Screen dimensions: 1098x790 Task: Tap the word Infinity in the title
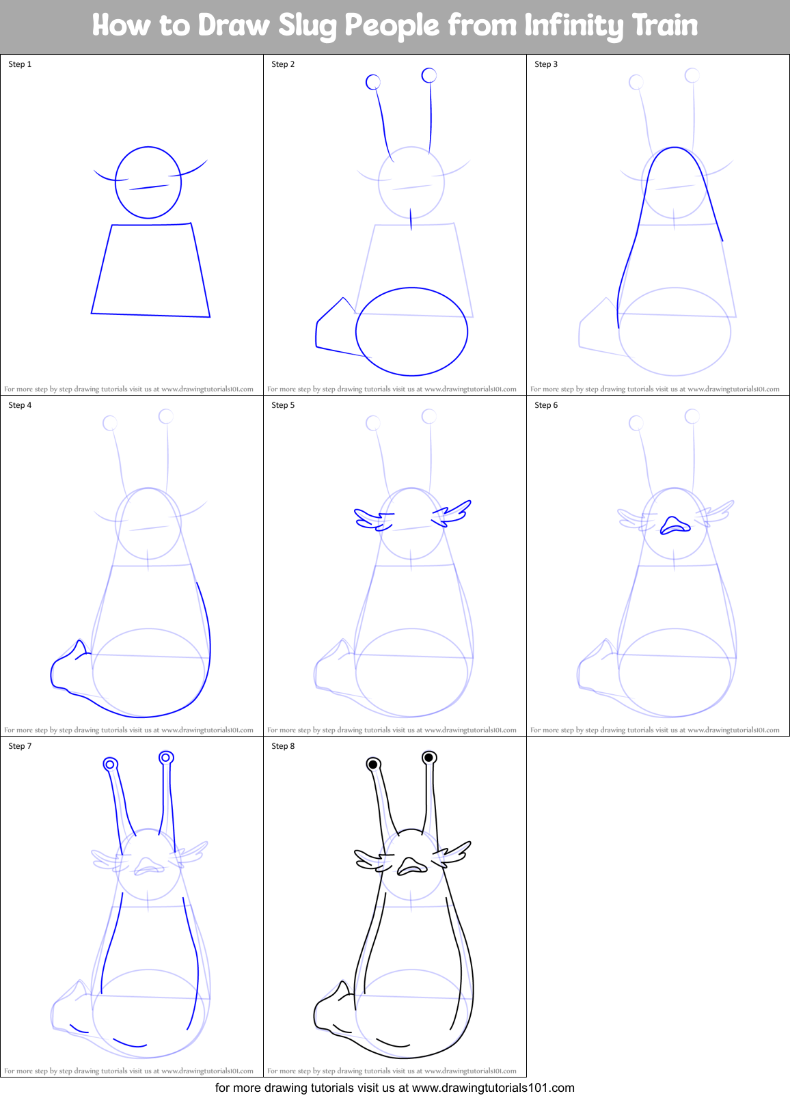click(575, 25)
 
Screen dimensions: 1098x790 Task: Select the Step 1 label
click(20, 64)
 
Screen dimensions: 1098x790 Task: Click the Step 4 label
click(20, 405)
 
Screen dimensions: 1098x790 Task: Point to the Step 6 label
click(546, 405)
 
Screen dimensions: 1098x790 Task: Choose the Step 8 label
click(283, 746)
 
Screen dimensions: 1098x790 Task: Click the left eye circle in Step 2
click(373, 82)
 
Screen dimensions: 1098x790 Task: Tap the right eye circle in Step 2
click(429, 75)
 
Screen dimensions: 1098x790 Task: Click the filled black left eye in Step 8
click(373, 765)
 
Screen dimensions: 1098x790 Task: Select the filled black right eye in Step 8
click(429, 757)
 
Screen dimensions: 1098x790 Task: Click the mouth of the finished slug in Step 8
click(411, 866)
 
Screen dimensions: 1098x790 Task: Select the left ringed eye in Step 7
click(110, 765)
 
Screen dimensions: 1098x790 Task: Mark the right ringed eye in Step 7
click(166, 757)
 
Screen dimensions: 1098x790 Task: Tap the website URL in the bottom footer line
click(493, 1088)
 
